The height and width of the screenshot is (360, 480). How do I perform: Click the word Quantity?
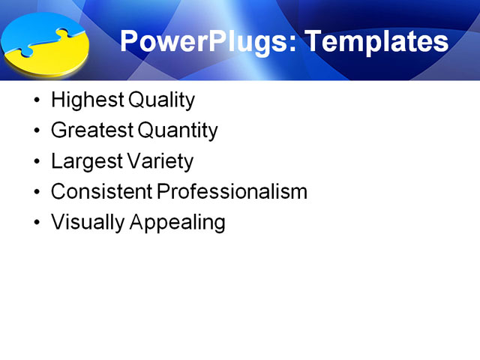[x=178, y=131]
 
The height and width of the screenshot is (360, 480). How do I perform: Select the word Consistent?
[x=102, y=192]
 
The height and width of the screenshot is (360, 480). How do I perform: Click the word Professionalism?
[x=232, y=192]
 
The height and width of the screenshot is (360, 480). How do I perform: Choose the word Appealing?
[x=179, y=223]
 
